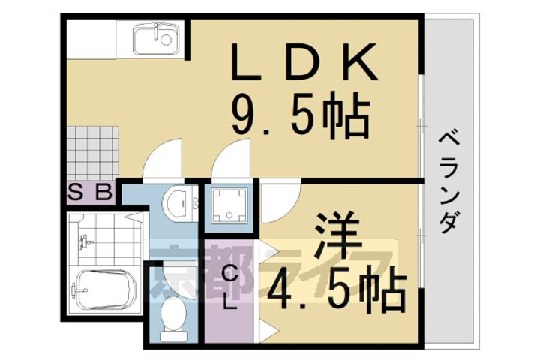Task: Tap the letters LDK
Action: click(304, 64)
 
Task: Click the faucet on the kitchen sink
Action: click(157, 29)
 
